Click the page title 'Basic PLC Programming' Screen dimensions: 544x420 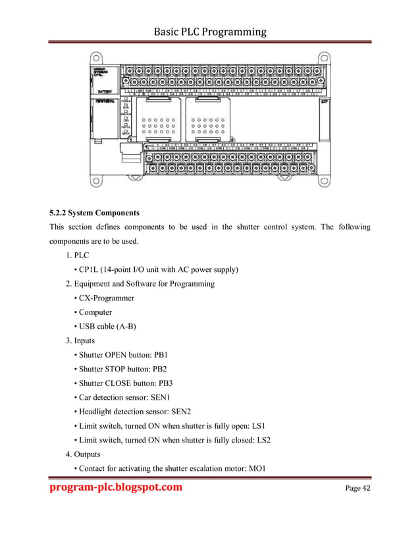pos(209,31)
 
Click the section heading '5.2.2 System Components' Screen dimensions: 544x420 pos(95,213)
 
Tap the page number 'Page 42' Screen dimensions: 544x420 pos(358,488)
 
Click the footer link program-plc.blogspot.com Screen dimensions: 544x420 pos(116,487)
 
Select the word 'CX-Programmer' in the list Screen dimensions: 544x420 pos(107,298)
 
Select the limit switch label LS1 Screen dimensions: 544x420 pos(263,426)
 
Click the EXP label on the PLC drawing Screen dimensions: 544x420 pos(324,102)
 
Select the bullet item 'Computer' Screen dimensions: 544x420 pos(96,313)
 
